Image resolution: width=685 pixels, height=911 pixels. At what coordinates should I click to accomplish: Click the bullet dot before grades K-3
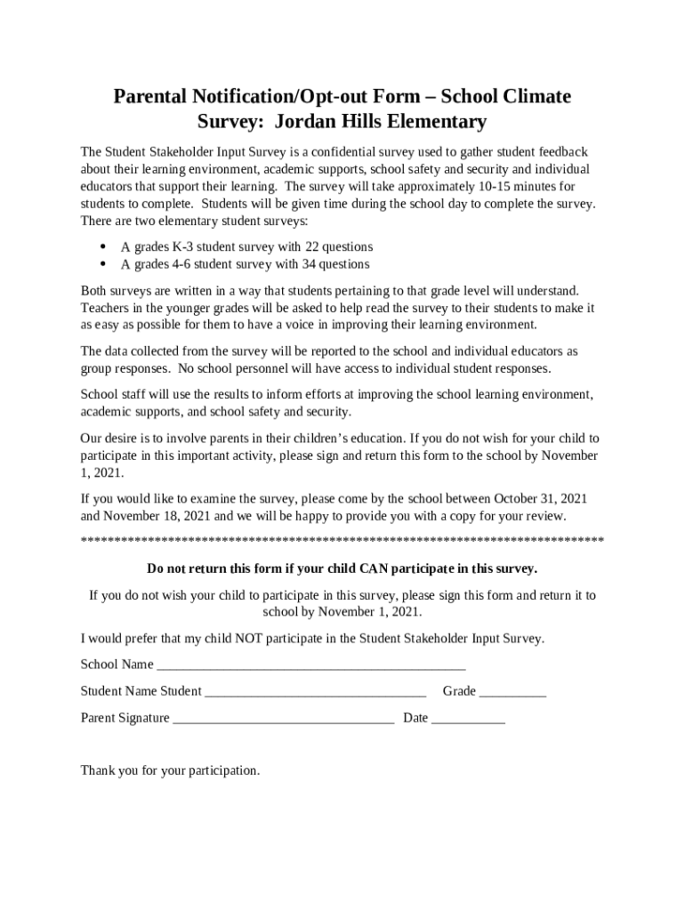tap(104, 246)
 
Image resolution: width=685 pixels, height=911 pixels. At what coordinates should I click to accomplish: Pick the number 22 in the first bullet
tap(313, 246)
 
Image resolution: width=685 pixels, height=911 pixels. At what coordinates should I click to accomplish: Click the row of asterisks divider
tap(342, 541)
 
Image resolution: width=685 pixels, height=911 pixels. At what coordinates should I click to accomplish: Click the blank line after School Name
tap(310, 665)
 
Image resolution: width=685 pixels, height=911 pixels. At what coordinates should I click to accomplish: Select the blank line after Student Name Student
tap(316, 692)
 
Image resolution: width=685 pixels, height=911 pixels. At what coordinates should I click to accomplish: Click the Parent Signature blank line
tap(283, 719)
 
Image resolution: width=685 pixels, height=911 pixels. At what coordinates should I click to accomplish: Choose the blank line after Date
tap(468, 719)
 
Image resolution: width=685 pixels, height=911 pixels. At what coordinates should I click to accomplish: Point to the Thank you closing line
tap(170, 770)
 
